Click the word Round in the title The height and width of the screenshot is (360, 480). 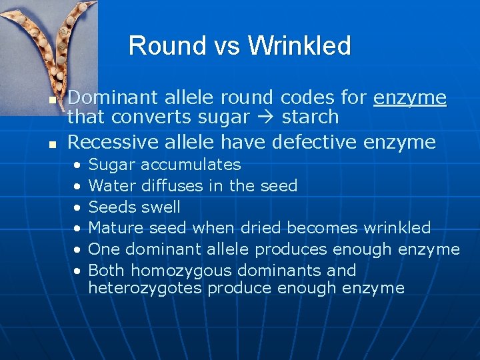(158, 45)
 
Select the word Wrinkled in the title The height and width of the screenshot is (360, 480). (299, 45)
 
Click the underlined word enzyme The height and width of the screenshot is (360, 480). (410, 98)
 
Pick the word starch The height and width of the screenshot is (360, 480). (311, 117)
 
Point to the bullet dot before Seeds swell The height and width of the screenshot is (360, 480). (78, 207)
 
